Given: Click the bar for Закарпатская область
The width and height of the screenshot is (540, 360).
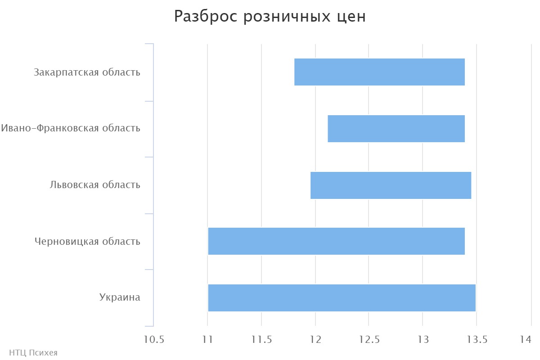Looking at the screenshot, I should click(x=379, y=72).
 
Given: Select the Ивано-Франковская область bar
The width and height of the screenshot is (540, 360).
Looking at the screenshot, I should click(x=396, y=129).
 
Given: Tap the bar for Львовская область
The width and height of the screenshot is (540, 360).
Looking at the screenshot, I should click(x=391, y=185).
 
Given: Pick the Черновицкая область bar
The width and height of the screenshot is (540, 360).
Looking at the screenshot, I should click(x=336, y=241).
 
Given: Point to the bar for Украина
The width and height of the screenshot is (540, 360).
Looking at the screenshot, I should click(x=342, y=297).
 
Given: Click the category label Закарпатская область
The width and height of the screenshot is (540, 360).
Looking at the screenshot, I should click(x=87, y=72).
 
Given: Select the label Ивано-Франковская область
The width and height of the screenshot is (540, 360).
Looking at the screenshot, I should click(x=71, y=128).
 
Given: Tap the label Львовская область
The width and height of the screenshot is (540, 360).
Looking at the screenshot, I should click(x=95, y=184).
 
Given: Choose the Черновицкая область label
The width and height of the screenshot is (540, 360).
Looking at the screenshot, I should click(x=87, y=241).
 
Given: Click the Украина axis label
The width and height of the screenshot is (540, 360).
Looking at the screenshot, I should click(x=120, y=297).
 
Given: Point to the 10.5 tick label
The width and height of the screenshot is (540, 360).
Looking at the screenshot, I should click(x=154, y=339).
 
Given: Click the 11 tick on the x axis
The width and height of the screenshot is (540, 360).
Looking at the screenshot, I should click(x=207, y=339).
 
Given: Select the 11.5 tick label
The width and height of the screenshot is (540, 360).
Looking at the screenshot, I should click(x=261, y=339).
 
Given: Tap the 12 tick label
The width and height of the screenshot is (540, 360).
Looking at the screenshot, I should click(x=315, y=339).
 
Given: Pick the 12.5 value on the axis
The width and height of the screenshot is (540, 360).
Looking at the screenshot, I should click(x=369, y=339).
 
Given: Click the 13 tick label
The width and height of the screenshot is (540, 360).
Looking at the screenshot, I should click(x=423, y=339).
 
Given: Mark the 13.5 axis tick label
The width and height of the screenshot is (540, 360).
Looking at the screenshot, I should click(x=476, y=339).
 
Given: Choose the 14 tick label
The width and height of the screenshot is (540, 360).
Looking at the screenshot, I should click(x=526, y=339).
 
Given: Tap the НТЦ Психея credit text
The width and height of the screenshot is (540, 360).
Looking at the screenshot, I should click(x=33, y=353).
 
